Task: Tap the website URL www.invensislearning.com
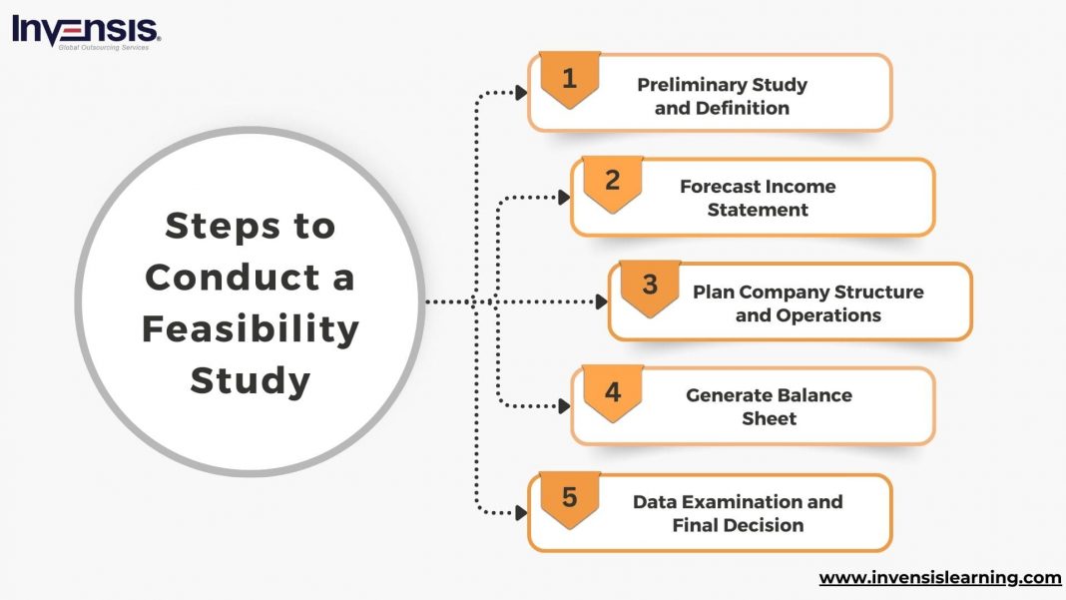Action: (939, 578)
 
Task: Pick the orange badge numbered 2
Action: (612, 182)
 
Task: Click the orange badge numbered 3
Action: (650, 286)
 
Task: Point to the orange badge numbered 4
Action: (612, 391)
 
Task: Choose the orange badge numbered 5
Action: (569, 496)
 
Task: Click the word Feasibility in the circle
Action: (250, 328)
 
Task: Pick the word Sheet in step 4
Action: (769, 418)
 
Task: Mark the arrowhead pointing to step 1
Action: (521, 93)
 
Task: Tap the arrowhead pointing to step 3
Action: (602, 301)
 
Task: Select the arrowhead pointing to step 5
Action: (521, 513)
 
